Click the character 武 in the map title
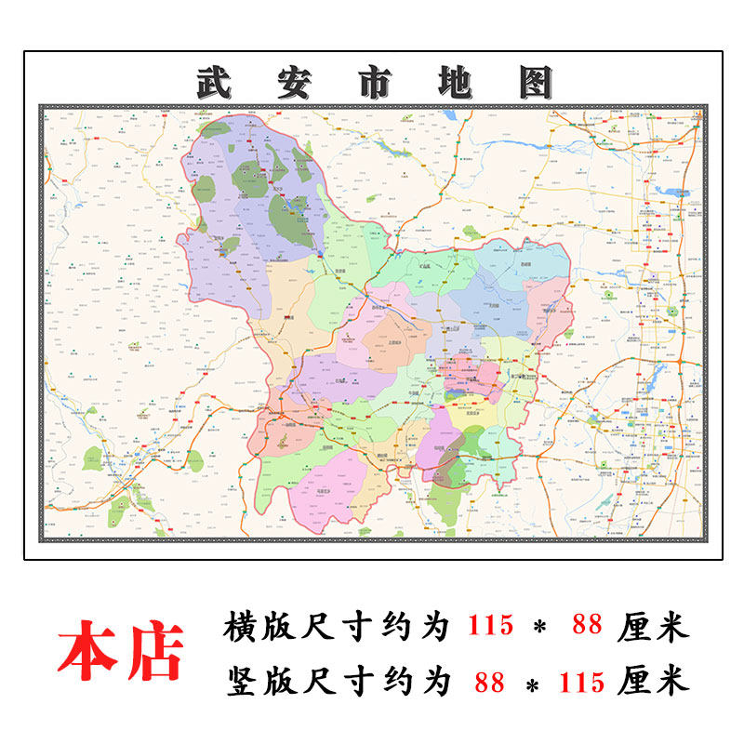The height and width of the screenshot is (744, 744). pos(216,84)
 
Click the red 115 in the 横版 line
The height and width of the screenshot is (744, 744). pos(489,626)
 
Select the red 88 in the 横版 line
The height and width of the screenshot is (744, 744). pos(587,626)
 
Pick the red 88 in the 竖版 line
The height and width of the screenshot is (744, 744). pos(489,683)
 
